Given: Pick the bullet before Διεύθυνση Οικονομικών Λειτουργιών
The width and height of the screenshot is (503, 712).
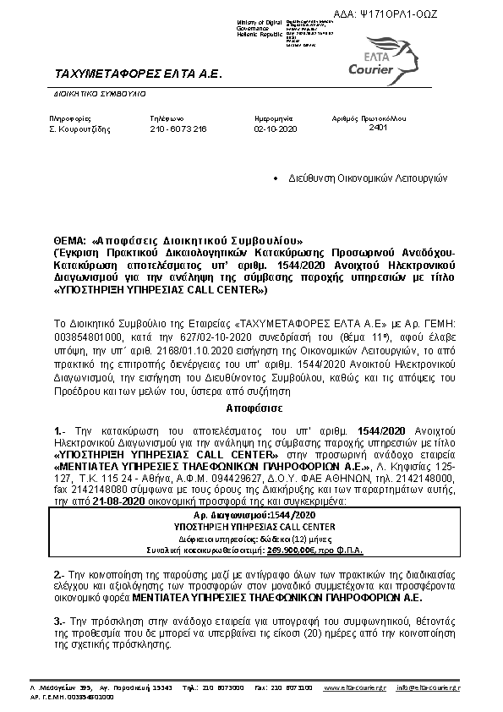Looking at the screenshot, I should [278, 179].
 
